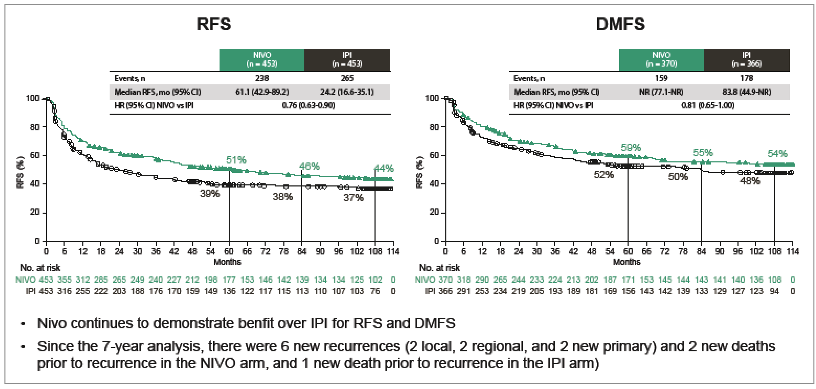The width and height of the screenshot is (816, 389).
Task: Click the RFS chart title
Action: pyautogui.click(x=214, y=24)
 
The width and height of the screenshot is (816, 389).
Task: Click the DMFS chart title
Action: pyautogui.click(x=621, y=24)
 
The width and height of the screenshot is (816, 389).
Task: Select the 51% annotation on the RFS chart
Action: pyautogui.click(x=236, y=160)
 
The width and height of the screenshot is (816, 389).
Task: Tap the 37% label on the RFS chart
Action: pyautogui.click(x=354, y=198)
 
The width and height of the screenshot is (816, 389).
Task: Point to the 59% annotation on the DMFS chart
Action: pyautogui.click(x=631, y=147)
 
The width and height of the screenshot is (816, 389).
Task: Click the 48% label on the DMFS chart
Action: pyautogui.click(x=750, y=181)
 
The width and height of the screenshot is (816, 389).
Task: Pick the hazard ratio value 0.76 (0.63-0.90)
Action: pyautogui.click(x=308, y=105)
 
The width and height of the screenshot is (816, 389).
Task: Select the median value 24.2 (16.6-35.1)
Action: pyautogui.click(x=347, y=92)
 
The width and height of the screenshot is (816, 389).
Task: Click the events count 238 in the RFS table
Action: pyautogui.click(x=262, y=78)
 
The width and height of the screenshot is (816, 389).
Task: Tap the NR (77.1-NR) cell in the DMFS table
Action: pyautogui.click(x=661, y=92)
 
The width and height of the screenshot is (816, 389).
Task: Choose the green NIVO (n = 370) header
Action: pyautogui.click(x=661, y=60)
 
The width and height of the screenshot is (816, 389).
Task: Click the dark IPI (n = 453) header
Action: pyautogui.click(x=347, y=60)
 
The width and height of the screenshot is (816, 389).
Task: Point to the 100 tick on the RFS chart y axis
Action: pyautogui.click(x=33, y=98)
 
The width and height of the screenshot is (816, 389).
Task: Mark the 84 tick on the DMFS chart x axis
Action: pyautogui.click(x=701, y=251)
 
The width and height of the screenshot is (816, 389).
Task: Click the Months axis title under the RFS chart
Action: pyautogui.click(x=227, y=262)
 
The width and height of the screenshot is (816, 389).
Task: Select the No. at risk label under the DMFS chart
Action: pyautogui.click(x=439, y=268)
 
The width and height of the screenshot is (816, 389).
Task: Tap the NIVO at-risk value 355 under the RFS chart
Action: pyautogui.click(x=64, y=280)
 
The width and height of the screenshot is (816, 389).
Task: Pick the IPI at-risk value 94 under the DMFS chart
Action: pyautogui.click(x=774, y=291)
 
